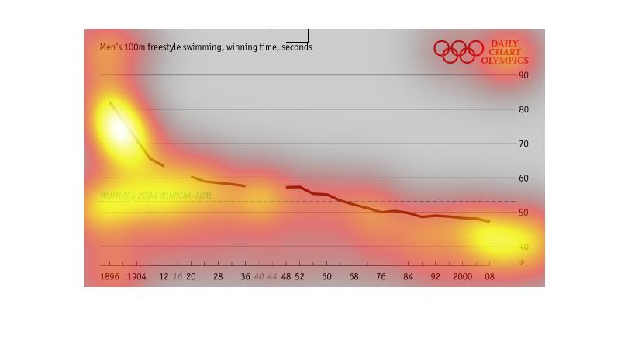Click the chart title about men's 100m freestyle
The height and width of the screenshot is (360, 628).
coord(205,47)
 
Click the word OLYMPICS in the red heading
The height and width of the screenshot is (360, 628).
coord(504,61)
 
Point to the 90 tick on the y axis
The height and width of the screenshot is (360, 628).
coord(523,75)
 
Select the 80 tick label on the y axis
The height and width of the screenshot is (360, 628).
coord(523,109)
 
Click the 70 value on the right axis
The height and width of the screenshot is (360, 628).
coord(523,144)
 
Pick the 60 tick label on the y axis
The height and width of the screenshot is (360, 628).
coord(523,178)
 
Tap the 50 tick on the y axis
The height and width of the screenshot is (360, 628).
coord(523,213)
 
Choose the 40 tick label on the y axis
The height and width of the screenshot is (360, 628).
coord(523,247)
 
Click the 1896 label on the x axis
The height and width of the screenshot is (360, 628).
coord(109,277)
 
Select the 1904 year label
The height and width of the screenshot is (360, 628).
coord(136,277)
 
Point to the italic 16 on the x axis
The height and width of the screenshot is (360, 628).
coord(178,277)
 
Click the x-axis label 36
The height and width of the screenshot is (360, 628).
coord(245,277)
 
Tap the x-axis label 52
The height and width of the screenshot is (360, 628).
coord(299,277)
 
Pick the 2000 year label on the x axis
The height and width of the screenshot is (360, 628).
coord(462,277)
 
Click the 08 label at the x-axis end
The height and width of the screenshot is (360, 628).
coord(489,277)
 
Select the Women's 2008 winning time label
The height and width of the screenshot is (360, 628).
coord(156,196)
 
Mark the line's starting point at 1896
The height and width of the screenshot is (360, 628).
coord(109,102)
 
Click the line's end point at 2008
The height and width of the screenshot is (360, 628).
coord(489,222)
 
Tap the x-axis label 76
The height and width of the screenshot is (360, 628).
coord(381,277)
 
